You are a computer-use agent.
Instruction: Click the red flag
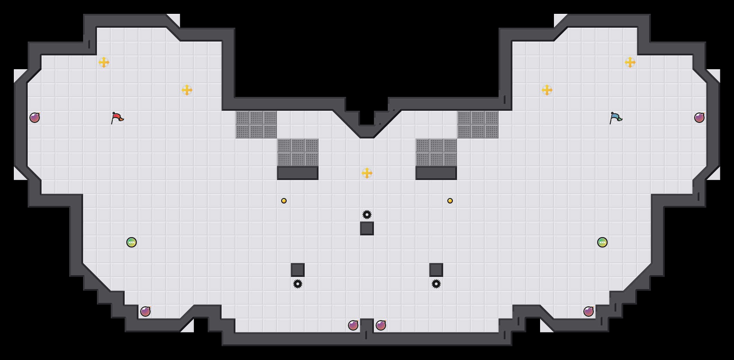pos(117,118)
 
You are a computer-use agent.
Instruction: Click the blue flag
pos(616,118)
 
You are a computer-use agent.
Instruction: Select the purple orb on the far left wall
pos(35,118)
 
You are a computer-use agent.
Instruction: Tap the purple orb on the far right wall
pos(699,118)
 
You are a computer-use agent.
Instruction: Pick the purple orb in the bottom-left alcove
pos(145,312)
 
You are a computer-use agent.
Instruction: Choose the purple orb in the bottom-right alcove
pos(589,312)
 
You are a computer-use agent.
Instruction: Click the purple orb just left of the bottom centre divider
pos(353,325)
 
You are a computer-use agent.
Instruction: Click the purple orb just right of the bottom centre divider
pos(381,325)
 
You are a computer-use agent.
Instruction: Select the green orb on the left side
pos(132,242)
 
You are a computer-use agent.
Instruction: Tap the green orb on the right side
pos(602,242)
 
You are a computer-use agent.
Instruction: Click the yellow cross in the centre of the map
pos(367,173)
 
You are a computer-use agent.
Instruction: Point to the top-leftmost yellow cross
pos(104,62)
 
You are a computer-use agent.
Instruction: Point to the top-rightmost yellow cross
pos(630,62)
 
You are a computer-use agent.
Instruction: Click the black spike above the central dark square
pos(367,215)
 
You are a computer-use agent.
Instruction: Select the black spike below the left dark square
pos(298,284)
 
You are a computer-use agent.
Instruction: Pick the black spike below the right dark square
pos(436,284)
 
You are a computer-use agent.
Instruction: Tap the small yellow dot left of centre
pos(284,201)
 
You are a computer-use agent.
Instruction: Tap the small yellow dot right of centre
pos(450,201)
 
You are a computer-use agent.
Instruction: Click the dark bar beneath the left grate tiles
pos(298,173)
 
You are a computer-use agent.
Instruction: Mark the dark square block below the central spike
pos(367,228)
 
